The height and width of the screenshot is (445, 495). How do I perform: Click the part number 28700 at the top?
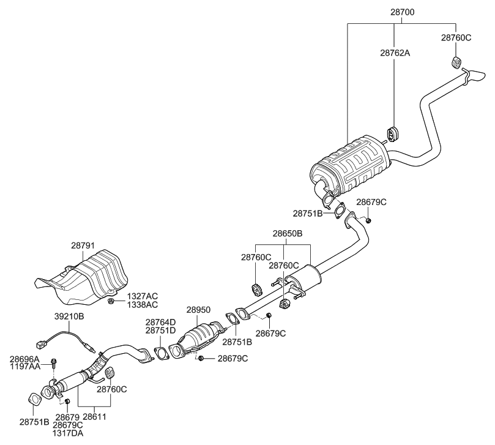tap(402, 12)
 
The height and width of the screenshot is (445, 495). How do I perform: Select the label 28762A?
tap(395, 53)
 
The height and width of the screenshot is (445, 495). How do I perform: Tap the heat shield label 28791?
tap(83, 245)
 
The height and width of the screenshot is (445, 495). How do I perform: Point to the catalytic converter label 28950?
tap(198, 310)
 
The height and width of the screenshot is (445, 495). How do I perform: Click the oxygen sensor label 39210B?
tap(69, 316)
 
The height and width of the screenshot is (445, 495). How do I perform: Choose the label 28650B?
tap(288, 234)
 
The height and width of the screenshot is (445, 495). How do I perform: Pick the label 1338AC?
tap(142, 305)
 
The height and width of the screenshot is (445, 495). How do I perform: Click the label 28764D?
tap(160, 322)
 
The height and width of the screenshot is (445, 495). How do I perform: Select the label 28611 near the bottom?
tap(95, 417)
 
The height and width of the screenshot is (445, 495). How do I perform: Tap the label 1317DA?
tap(68, 433)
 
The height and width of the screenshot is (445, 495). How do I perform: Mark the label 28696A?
tap(24, 359)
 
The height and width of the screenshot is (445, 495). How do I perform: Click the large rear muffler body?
tap(351, 166)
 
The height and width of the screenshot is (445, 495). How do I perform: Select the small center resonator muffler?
tap(305, 276)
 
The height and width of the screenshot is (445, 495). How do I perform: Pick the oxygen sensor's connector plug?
tap(41, 344)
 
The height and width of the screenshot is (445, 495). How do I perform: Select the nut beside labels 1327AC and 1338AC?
tap(111, 301)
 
